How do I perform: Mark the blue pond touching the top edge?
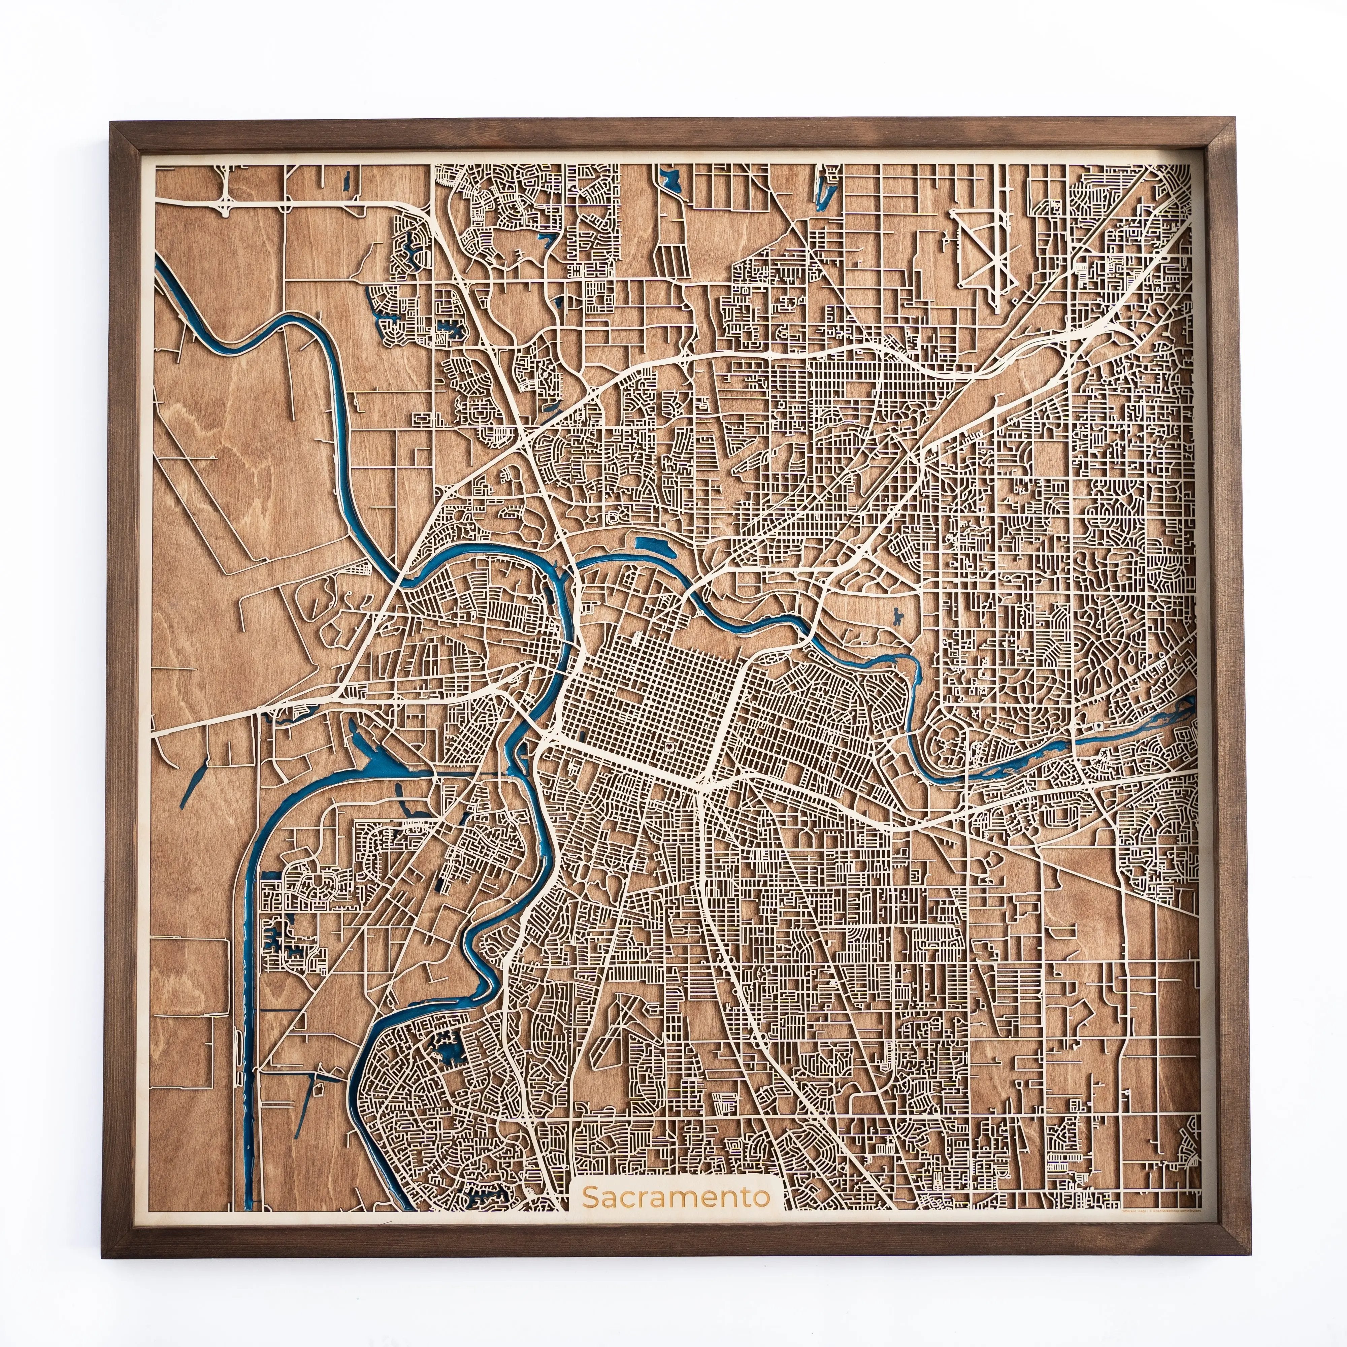click(671, 180)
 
